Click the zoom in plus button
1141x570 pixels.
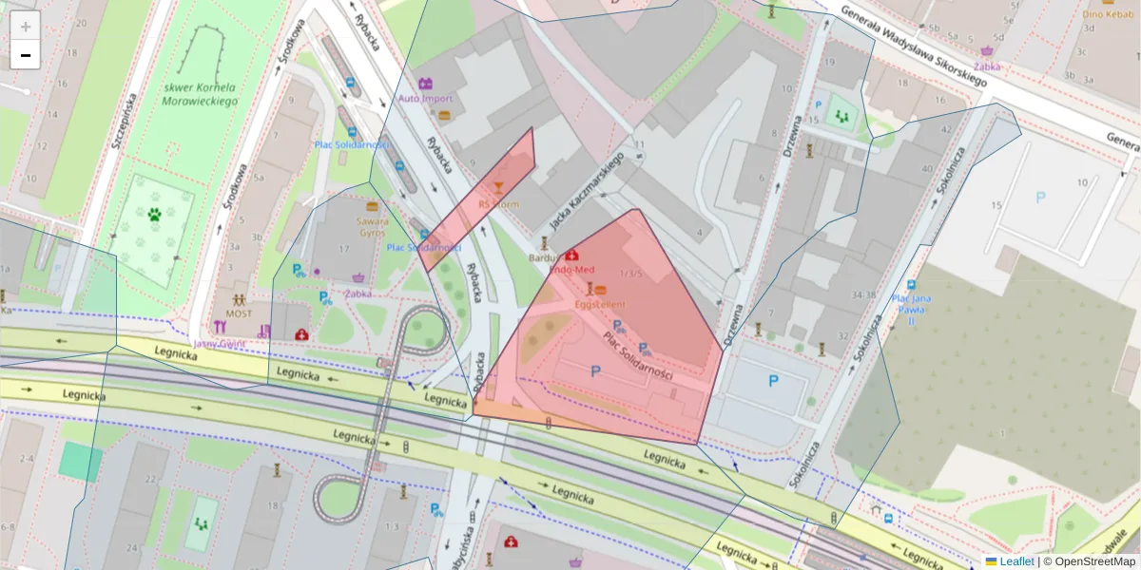click(x=26, y=27)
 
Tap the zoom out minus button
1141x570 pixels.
click(x=26, y=55)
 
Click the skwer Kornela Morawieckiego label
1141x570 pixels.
click(x=199, y=94)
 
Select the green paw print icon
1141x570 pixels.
click(x=154, y=215)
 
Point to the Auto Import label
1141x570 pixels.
click(x=425, y=99)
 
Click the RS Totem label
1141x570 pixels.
click(x=498, y=203)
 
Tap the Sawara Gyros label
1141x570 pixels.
click(x=372, y=226)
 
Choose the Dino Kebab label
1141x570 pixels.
click(x=1105, y=14)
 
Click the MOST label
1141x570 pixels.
click(x=239, y=313)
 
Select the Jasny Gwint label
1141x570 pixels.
click(x=220, y=344)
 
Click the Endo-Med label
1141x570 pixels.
click(x=571, y=270)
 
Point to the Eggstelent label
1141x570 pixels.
click(x=600, y=304)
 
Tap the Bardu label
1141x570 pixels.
click(x=543, y=256)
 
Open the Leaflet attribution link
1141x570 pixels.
click(x=1015, y=561)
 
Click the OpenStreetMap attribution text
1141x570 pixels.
click(x=1094, y=561)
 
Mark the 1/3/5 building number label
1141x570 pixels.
click(x=630, y=274)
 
